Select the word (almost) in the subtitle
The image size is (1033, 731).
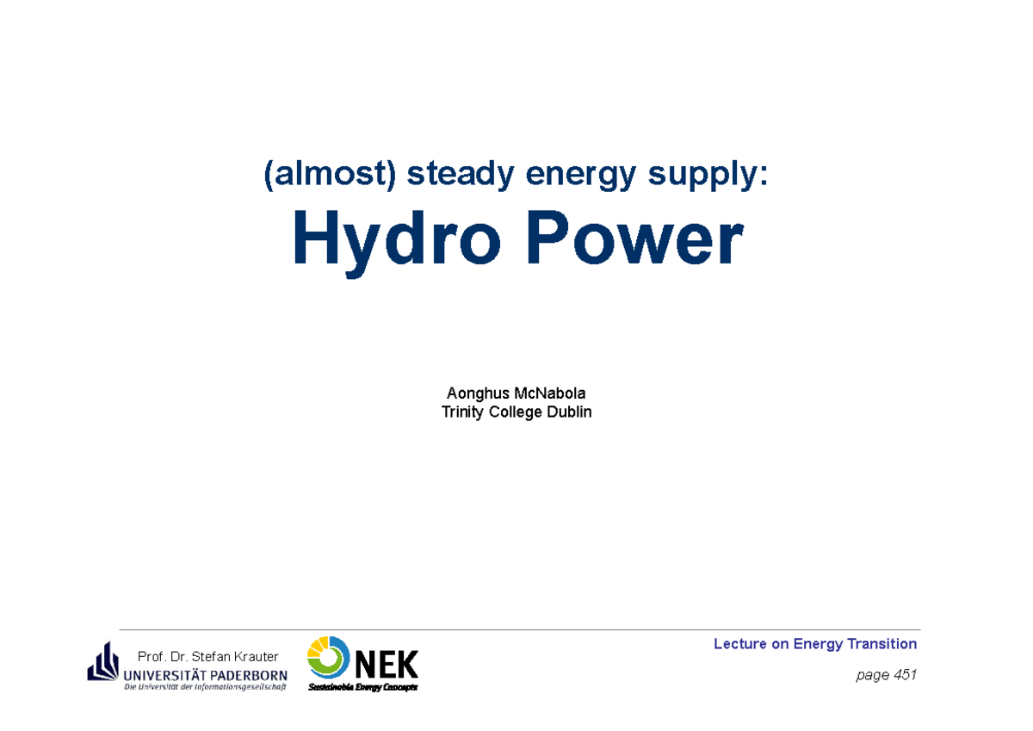click(331, 176)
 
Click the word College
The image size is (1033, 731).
click(515, 412)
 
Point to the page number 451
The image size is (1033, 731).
click(905, 675)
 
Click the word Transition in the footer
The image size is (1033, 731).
click(881, 644)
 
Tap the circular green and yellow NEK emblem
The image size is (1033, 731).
click(328, 658)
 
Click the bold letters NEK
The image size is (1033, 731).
click(386, 665)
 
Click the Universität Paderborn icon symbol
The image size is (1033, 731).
click(102, 661)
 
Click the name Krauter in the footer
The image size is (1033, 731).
click(254, 657)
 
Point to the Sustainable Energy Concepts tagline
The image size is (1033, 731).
click(362, 687)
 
